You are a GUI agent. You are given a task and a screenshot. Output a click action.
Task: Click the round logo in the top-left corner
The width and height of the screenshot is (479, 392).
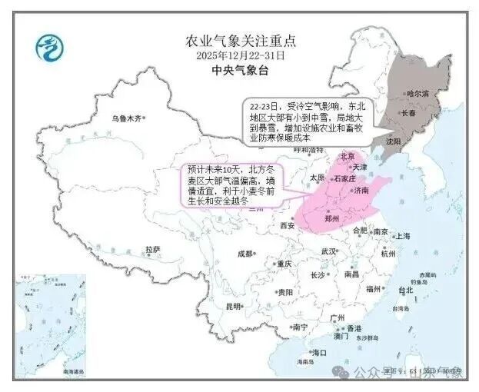pos(49,48)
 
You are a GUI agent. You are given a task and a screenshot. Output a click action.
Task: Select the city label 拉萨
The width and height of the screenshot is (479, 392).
pos(152,250)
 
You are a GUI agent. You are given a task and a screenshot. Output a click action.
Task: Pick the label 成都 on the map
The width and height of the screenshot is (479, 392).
pos(245,253)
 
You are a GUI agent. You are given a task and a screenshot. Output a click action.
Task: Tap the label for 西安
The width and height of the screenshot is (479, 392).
pos(287,225)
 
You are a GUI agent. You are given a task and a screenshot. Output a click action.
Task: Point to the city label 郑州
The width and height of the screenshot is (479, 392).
pos(333,218)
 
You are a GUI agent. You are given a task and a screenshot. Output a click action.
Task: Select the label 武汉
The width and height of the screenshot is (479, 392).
pos(329,251)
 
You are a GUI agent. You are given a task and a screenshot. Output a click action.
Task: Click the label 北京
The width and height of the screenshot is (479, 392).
pos(348,155)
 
